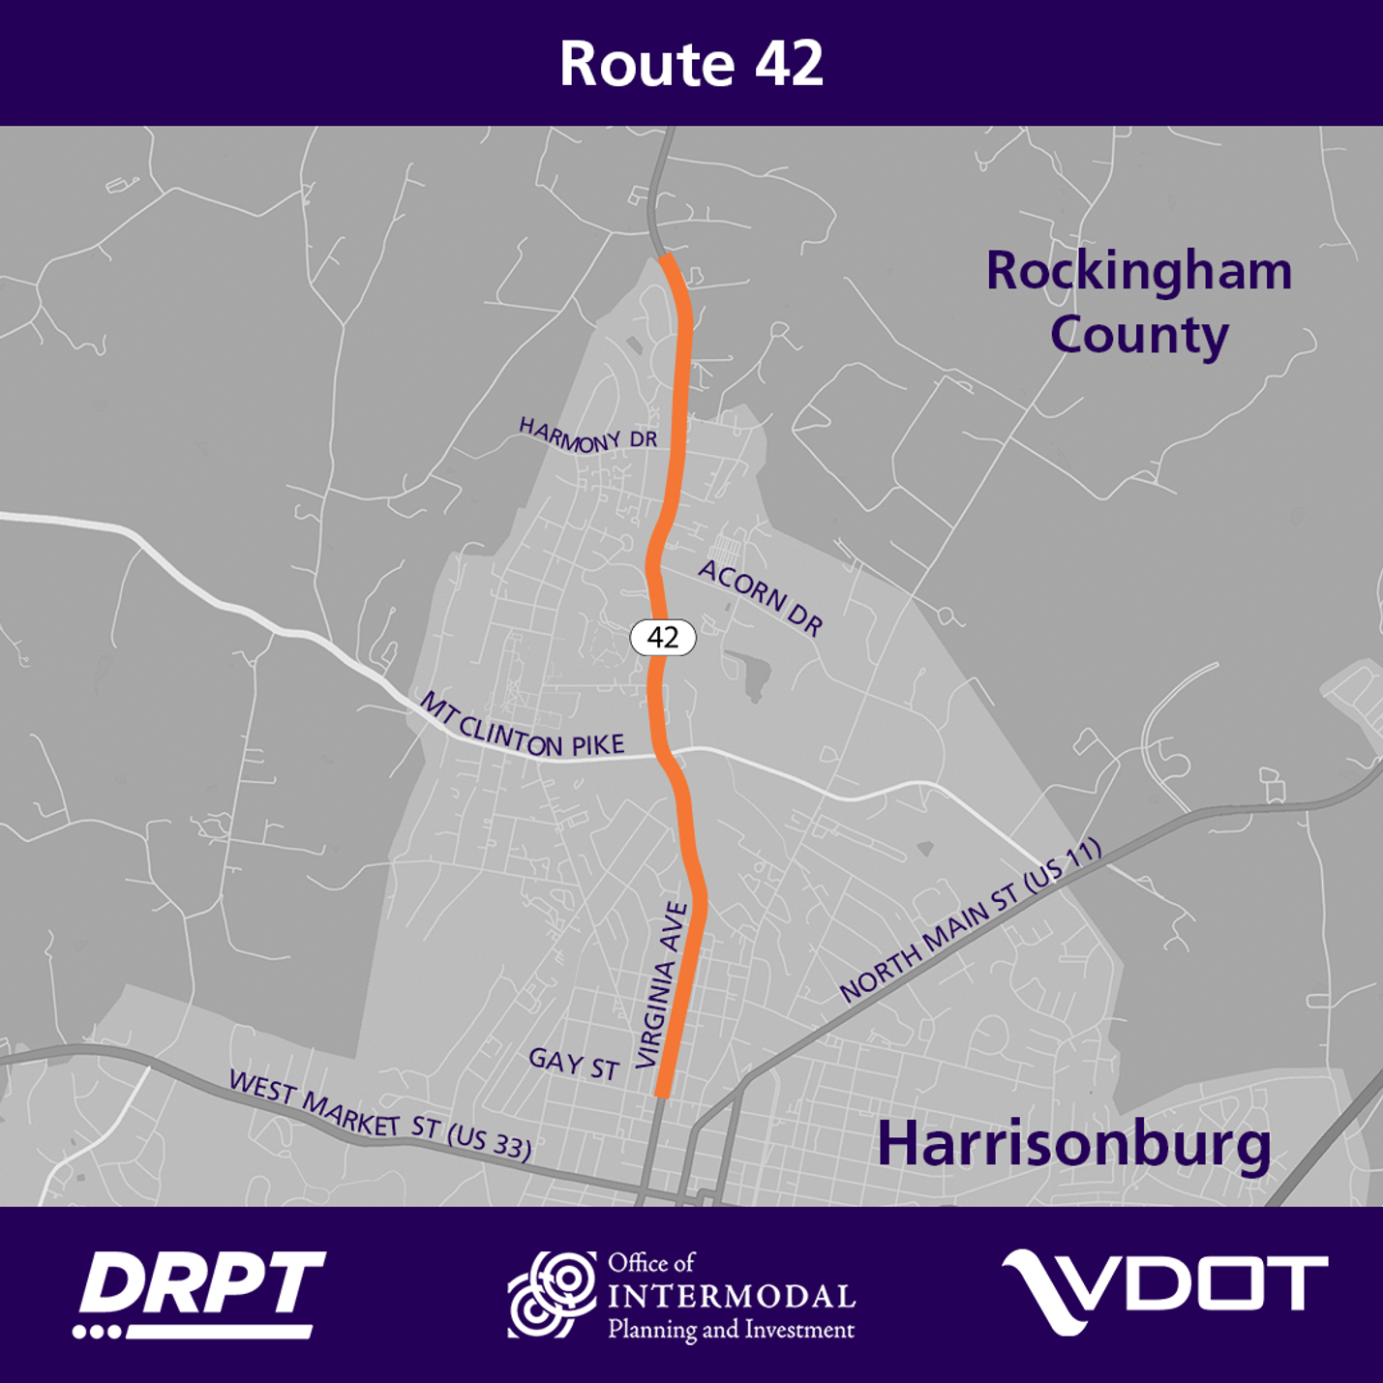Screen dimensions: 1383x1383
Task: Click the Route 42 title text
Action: (x=691, y=64)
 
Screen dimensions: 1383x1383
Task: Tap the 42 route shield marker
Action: (x=663, y=637)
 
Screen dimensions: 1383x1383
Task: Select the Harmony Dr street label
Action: (x=588, y=435)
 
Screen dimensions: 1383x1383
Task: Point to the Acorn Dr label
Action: (x=761, y=598)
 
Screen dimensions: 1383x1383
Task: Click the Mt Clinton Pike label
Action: (x=523, y=728)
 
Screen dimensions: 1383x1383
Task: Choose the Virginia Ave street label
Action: (x=663, y=984)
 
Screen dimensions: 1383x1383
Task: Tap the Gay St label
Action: (x=574, y=1064)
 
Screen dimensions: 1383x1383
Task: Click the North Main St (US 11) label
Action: (x=970, y=919)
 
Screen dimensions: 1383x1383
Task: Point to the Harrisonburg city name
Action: (x=1073, y=1145)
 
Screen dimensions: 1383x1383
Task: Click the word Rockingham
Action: (x=1138, y=272)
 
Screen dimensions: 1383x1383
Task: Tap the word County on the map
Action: (x=1139, y=335)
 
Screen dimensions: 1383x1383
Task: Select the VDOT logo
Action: (x=1164, y=1291)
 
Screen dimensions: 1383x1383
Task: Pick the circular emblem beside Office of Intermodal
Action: (x=553, y=1294)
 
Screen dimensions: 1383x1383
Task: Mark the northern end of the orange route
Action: (x=666, y=257)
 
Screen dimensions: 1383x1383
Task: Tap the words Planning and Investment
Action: (x=731, y=1330)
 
